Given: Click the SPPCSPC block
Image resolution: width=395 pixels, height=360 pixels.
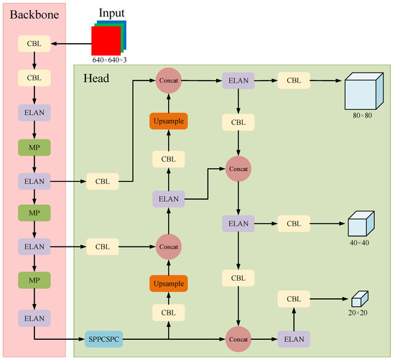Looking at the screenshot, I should point(106,338).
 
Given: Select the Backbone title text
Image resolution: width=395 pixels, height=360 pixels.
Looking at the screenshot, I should point(33,14).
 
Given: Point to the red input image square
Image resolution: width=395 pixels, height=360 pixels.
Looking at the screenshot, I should point(104,39).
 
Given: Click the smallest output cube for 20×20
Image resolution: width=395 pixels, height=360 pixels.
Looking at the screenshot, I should point(359,297).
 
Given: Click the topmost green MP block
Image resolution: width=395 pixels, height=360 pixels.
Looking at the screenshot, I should point(34,147).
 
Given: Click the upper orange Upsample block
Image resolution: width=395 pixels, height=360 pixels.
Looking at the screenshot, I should point(168,121).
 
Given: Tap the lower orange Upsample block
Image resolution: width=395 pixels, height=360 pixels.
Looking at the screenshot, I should point(168,283).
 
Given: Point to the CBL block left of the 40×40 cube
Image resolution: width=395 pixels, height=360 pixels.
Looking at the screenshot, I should point(293,224).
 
